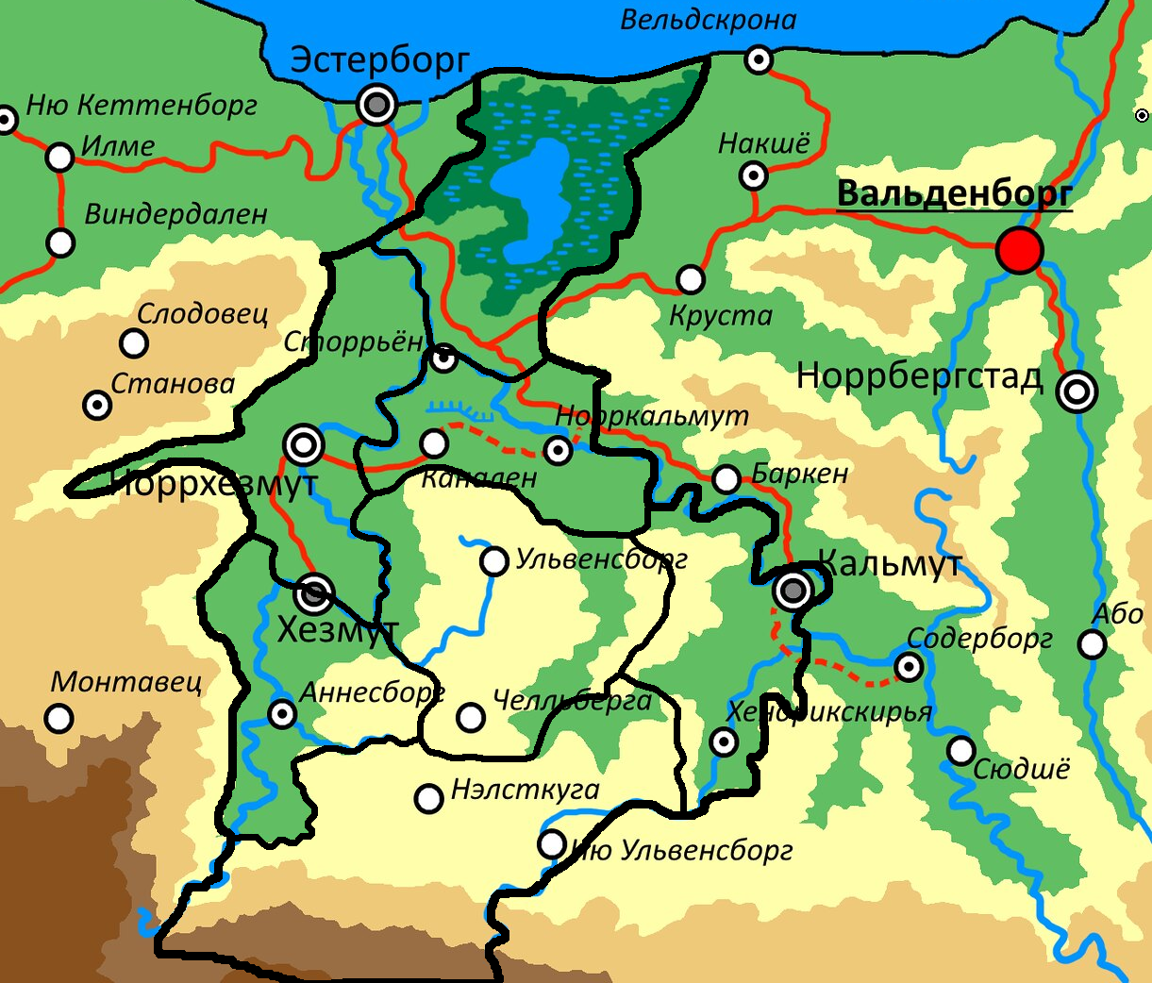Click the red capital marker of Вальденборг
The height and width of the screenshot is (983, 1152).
tap(1020, 251)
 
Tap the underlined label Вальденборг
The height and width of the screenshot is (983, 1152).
tap(954, 193)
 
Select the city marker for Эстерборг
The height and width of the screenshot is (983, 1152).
tap(377, 106)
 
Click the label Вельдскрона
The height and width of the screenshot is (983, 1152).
tap(708, 20)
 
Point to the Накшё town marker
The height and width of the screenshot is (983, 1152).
tap(754, 175)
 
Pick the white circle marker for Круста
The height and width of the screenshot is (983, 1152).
tap(691, 279)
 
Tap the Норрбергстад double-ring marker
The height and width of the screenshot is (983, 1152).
tap(1077, 391)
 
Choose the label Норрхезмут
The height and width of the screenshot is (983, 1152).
tap(213, 484)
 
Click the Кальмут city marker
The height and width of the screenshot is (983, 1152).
tap(793, 591)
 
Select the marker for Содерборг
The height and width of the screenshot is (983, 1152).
tap(909, 668)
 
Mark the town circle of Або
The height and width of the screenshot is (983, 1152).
tap(1092, 644)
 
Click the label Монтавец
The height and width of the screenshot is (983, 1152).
tap(126, 681)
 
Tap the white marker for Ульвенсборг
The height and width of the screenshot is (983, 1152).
tap(494, 561)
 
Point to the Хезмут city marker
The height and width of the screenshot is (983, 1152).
tap(314, 593)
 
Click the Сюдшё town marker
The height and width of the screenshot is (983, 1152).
tap(961, 751)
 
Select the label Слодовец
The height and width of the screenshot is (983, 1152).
tap(203, 314)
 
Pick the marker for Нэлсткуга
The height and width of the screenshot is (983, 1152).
tap(429, 799)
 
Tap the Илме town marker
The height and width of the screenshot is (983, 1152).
tap(60, 158)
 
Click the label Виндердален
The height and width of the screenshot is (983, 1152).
tap(176, 215)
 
